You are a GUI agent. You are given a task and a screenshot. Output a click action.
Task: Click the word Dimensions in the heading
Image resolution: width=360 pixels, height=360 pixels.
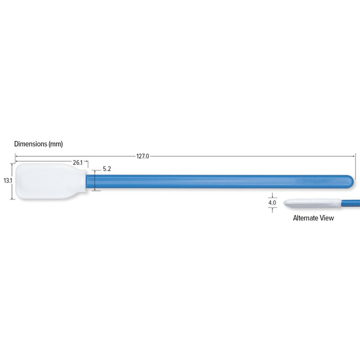tap(30, 144)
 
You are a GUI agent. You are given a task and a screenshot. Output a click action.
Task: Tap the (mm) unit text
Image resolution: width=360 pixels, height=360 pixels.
tap(55, 144)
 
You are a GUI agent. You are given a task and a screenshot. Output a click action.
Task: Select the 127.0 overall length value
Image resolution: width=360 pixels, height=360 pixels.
tap(142, 156)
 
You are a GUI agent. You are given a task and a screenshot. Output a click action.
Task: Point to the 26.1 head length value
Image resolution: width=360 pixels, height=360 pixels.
tap(77, 162)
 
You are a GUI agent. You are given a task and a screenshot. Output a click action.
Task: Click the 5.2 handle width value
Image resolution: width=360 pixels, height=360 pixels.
tap(106, 169)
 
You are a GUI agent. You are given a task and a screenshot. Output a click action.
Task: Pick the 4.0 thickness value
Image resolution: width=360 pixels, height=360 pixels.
tap(272, 203)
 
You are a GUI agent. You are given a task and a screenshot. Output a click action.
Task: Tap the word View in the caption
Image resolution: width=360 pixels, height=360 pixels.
tap(327, 218)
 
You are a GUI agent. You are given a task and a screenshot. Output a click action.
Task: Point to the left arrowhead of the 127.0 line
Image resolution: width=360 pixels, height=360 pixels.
tap(16, 156)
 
